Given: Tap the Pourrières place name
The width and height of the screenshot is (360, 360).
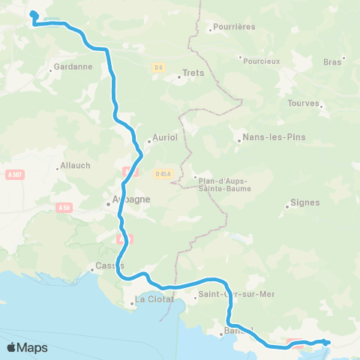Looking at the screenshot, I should pyautogui.click(x=234, y=27).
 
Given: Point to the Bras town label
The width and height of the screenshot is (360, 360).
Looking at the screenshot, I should pyautogui.click(x=331, y=62).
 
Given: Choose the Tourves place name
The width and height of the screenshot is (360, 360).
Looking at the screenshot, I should pyautogui.click(x=304, y=103).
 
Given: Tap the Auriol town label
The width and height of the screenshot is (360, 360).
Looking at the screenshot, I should pyautogui.click(x=163, y=138).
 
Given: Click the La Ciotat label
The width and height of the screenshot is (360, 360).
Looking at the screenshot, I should pyautogui.click(x=154, y=299).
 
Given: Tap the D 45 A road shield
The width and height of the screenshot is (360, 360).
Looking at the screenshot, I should pyautogui.click(x=163, y=174).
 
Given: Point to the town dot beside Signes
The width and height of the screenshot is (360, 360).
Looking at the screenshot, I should pyautogui.click(x=287, y=206).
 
